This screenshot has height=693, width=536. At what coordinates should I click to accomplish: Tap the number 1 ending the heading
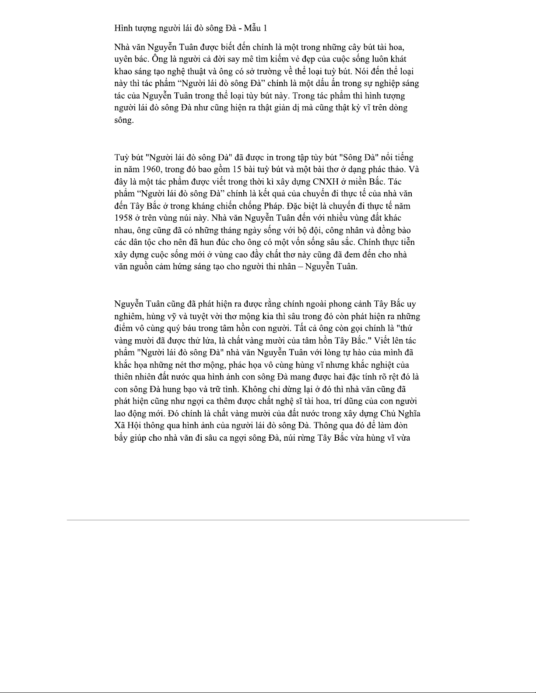(265, 28)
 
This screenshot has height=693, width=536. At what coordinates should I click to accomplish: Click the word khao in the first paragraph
(123, 71)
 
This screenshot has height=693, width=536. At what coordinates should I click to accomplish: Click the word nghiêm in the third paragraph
(128, 316)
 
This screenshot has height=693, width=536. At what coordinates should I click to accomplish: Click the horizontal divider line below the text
(268, 520)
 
